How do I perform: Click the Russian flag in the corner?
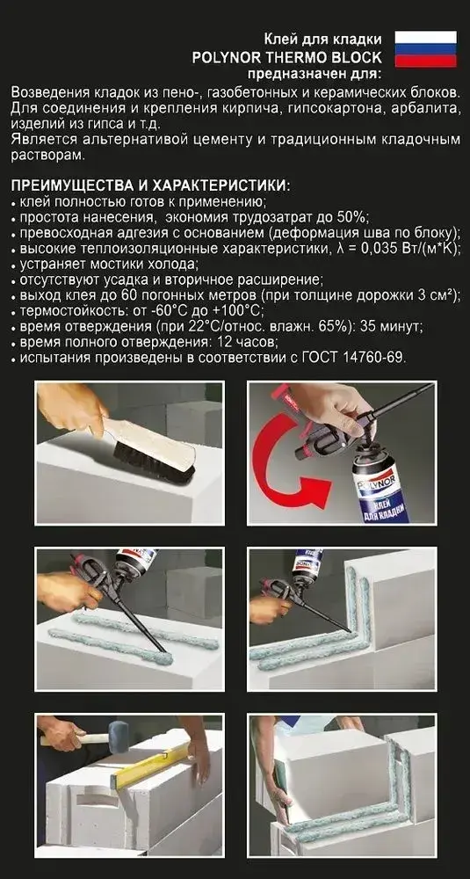(426, 49)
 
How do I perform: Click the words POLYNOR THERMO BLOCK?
(286, 56)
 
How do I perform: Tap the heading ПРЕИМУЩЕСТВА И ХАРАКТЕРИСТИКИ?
(151, 185)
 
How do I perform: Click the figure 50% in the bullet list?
(353, 216)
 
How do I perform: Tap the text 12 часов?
(248, 341)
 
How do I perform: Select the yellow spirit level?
(151, 763)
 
